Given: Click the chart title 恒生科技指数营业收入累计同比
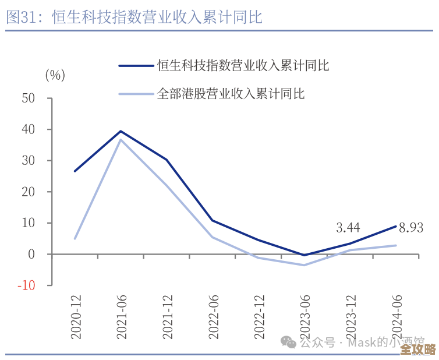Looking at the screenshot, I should point(134,17).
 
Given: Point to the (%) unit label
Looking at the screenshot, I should point(55,75).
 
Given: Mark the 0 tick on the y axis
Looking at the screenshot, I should point(33,254).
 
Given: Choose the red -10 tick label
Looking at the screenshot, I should point(26,285).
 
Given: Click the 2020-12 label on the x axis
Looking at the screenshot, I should point(76,317).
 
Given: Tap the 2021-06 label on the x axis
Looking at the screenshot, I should point(121,317).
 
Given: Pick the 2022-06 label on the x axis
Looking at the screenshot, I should point(213,317).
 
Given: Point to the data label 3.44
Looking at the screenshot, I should point(348,228).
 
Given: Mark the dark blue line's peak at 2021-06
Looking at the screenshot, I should point(121,131).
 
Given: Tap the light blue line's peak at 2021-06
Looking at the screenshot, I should point(121,139).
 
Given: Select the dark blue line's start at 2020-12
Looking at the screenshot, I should point(75,171).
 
